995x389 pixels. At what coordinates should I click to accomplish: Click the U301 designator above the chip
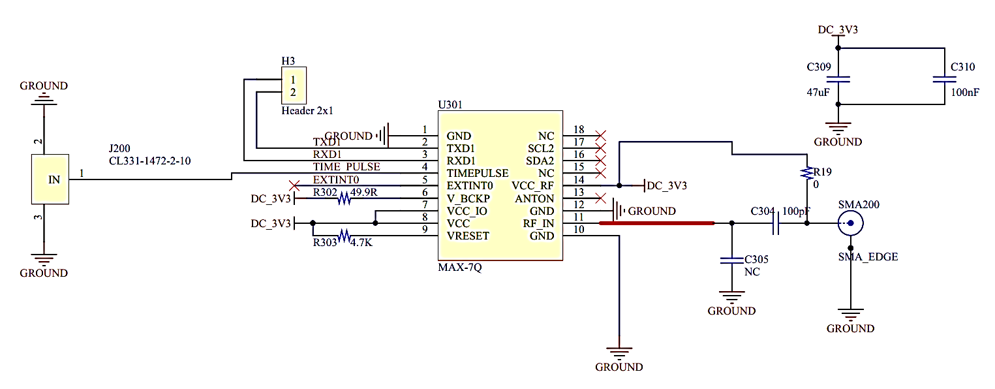tap(450, 104)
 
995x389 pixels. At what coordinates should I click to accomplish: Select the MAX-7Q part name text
tap(460, 267)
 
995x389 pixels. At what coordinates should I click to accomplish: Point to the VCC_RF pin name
tap(532, 186)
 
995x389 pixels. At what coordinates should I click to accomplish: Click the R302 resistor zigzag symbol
tap(344, 198)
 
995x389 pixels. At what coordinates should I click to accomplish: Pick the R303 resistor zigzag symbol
tap(344, 236)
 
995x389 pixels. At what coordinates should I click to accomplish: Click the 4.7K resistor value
tap(361, 243)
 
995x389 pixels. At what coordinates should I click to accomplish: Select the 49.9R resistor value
tap(364, 192)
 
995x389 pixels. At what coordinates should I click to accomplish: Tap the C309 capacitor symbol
tap(838, 80)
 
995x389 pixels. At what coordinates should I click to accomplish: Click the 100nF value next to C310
tap(965, 93)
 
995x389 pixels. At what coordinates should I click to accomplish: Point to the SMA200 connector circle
tap(851, 223)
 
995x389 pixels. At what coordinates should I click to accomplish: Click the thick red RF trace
tap(657, 223)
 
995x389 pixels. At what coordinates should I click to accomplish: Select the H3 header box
tap(294, 86)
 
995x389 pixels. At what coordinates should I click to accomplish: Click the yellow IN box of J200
tap(50, 179)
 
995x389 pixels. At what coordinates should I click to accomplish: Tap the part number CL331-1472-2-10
tap(149, 161)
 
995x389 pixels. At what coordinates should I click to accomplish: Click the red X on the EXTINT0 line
tap(294, 185)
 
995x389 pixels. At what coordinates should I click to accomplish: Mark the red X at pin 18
tap(600, 136)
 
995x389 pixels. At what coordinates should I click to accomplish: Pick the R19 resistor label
tap(823, 172)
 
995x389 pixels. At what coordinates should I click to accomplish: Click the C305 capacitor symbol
tap(731, 260)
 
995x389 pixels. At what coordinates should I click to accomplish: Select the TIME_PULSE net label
tap(346, 166)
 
